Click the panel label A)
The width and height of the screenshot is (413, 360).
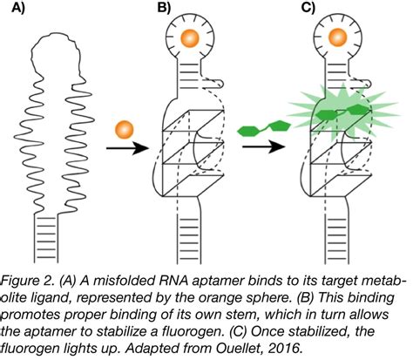point(17,13)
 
